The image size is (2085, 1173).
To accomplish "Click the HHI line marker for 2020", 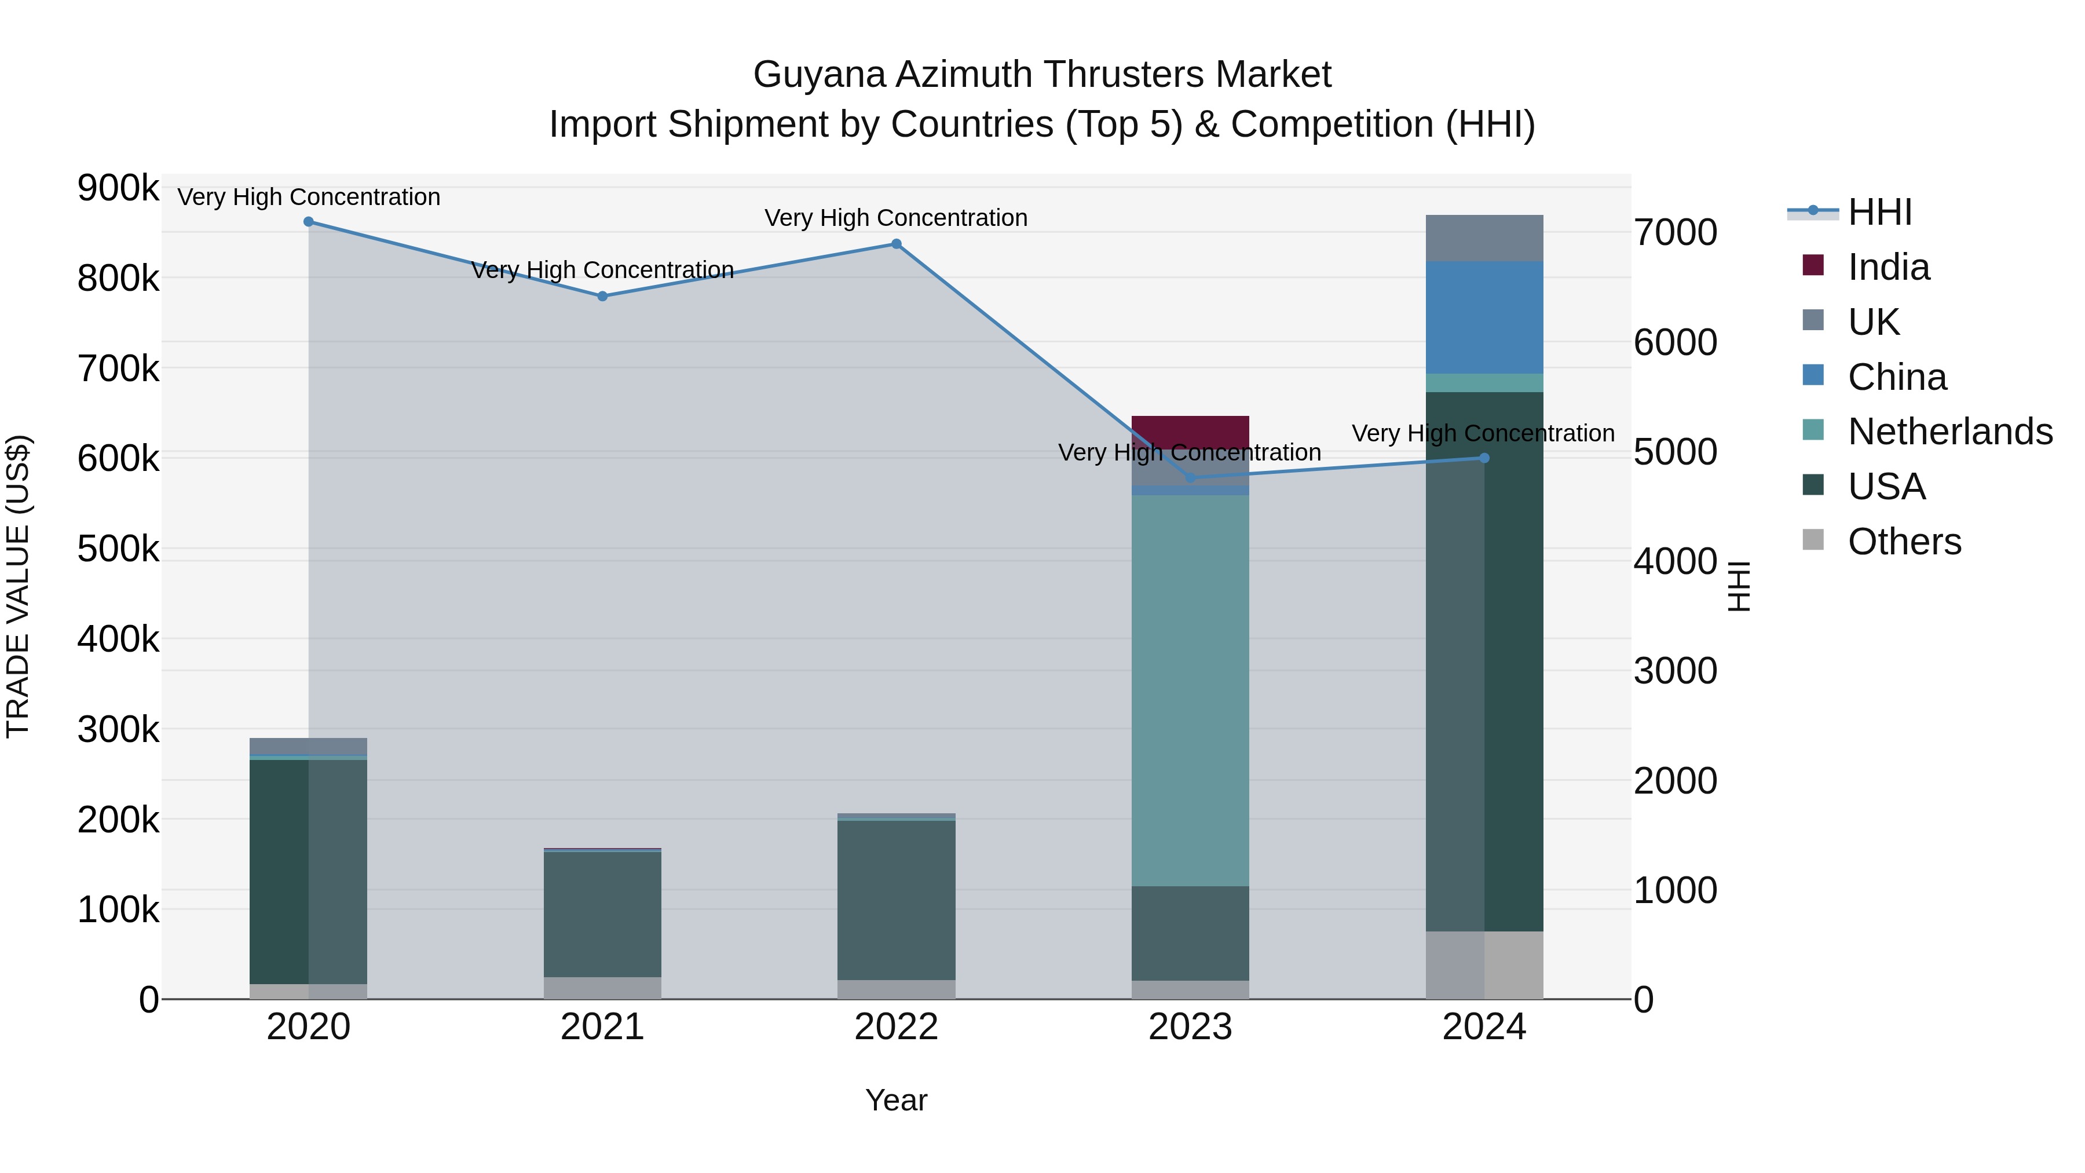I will (x=308, y=222).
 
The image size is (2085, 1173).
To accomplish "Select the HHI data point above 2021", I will (x=602, y=296).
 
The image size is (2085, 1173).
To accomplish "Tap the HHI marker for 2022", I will (x=896, y=244).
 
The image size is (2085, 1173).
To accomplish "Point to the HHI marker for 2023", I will (x=1190, y=478).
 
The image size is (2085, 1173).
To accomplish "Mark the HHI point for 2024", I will (x=1484, y=458).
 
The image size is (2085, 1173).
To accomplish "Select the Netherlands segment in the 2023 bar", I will (x=1190, y=688).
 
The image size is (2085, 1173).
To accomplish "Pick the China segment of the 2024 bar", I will (x=1484, y=317).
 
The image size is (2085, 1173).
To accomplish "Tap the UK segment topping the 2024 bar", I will (x=1484, y=238).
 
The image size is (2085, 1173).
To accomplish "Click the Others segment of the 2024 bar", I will (x=1484, y=965).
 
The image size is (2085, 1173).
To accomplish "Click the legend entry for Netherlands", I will (x=1949, y=432).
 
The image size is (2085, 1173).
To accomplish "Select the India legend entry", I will (x=1888, y=267).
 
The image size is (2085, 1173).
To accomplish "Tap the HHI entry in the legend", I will (x=1879, y=212).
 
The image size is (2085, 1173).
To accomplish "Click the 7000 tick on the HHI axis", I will (x=1674, y=232).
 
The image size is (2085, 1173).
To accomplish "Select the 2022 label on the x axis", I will (x=896, y=1027).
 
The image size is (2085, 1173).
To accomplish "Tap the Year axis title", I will (x=896, y=1100).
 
